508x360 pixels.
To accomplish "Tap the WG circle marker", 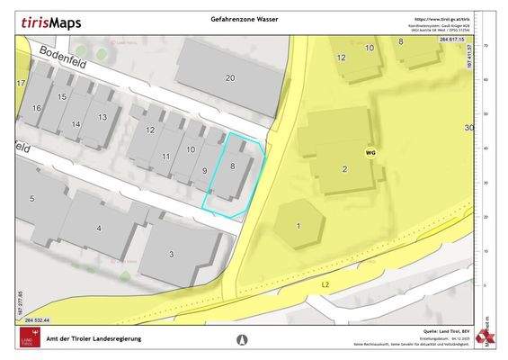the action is [370, 153].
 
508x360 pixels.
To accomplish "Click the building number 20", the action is [230, 78].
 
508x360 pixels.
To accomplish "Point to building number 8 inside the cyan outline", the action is [232, 166].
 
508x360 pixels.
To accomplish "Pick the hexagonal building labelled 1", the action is [299, 225].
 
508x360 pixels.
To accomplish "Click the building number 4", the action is [99, 229].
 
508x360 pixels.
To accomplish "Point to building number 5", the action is [31, 198].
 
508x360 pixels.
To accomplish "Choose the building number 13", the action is [103, 117].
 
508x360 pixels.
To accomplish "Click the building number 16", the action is [37, 108].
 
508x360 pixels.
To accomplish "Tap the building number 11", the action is [165, 157].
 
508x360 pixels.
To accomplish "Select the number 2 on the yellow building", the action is [343, 168].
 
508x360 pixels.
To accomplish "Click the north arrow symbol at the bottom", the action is [241, 339].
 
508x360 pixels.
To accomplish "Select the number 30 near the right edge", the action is [468, 129].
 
